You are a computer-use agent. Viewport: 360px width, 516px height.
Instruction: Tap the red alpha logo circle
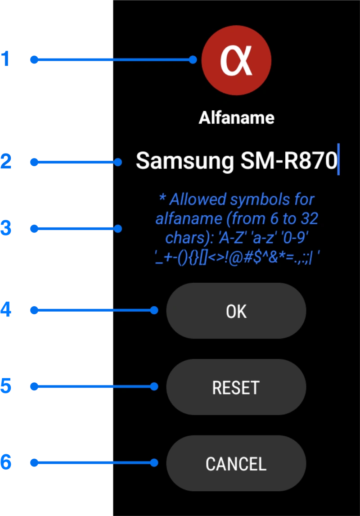pos(236,60)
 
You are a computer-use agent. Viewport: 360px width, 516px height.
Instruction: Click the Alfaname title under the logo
pos(236,118)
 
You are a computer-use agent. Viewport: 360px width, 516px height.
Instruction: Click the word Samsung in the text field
pos(184,161)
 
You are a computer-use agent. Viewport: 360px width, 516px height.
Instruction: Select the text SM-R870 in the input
pos(289,161)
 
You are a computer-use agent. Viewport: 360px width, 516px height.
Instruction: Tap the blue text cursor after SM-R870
pos(338,159)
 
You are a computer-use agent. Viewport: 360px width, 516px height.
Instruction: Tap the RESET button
pos(236,387)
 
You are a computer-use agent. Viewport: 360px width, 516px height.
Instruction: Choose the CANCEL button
pos(236,463)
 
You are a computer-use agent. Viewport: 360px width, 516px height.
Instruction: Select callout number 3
pos(6,229)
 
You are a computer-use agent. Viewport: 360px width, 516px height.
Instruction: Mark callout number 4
pos(6,310)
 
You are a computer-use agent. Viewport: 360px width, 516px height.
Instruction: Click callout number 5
pos(6,386)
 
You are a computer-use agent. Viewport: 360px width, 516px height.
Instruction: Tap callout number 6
pos(6,462)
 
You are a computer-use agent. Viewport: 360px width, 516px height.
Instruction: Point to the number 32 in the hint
pos(307,219)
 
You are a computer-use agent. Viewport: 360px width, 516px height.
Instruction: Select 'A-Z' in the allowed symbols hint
pos(234,238)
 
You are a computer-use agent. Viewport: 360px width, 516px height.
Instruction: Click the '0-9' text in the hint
pos(294,238)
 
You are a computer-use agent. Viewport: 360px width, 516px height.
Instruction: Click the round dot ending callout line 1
pos(193,59)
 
